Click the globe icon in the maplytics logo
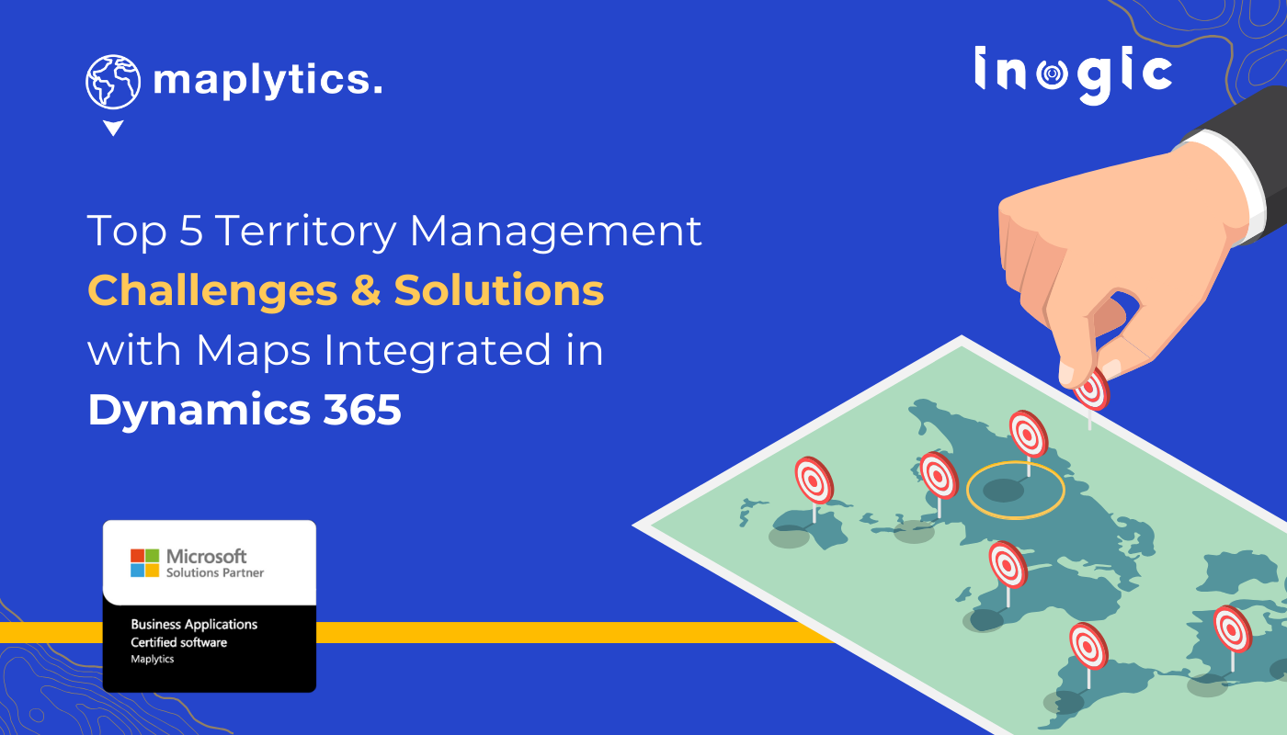click(114, 82)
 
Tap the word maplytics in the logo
click(267, 81)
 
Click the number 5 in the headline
click(191, 231)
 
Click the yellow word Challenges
click(212, 291)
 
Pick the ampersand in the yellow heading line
click(365, 291)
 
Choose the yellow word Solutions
click(499, 291)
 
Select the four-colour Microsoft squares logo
click(144, 563)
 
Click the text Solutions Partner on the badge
click(214, 572)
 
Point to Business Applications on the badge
click(194, 625)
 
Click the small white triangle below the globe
click(113, 129)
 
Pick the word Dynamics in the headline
click(199, 410)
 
